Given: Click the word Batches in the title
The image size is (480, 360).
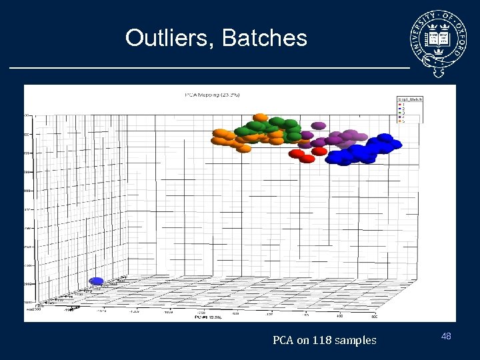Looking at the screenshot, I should pyautogui.click(x=265, y=38).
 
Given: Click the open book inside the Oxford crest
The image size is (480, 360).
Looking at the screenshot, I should pyautogui.click(x=439, y=35).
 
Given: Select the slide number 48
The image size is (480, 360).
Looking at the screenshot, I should pyautogui.click(x=446, y=336).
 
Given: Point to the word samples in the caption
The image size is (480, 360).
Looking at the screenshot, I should pyautogui.click(x=355, y=341).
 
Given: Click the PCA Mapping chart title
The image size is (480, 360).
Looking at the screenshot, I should pyautogui.click(x=212, y=95).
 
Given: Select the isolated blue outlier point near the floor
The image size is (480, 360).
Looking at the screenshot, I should pyautogui.click(x=97, y=281).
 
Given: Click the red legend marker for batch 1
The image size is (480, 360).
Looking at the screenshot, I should pyautogui.click(x=399, y=105).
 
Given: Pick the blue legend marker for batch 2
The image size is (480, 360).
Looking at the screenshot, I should pyautogui.click(x=399, y=109).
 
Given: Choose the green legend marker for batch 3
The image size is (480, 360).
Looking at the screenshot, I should pyautogui.click(x=399, y=113).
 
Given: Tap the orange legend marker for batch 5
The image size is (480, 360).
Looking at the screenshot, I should pyautogui.click(x=399, y=121).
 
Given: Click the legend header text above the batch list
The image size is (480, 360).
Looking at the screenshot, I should pyautogui.click(x=409, y=100).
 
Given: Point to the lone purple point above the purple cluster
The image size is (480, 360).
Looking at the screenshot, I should pyautogui.click(x=319, y=125).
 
